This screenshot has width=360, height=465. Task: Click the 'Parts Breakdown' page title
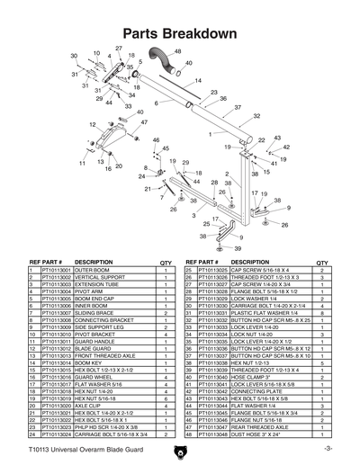point(179,32)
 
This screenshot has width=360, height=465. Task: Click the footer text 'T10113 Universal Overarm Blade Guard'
point(78,447)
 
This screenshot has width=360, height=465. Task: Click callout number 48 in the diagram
point(176,51)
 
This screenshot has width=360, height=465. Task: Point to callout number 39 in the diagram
point(238,248)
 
